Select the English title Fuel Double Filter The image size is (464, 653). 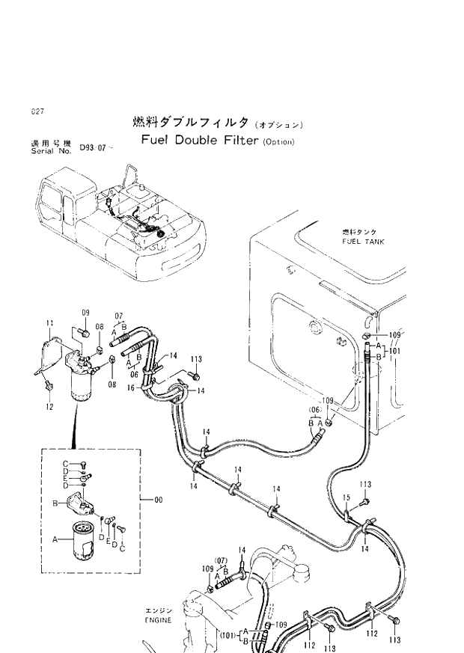point(200,141)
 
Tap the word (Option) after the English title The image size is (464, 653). point(278,142)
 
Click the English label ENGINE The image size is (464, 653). point(158,620)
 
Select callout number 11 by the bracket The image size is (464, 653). point(50,323)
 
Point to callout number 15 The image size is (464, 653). point(347,497)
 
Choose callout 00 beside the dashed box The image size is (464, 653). point(158,500)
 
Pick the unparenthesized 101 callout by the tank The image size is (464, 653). point(395,350)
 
